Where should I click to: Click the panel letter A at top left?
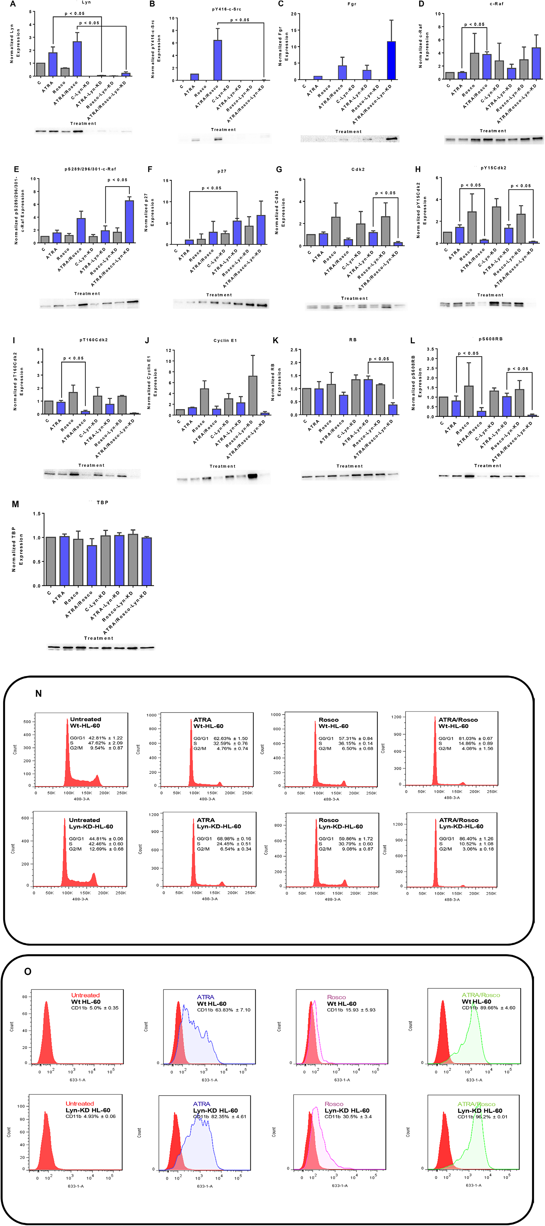13,4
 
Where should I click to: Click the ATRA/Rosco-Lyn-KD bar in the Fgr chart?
391,61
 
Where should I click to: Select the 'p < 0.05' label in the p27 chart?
212,188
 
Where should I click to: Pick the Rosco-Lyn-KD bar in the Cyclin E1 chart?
253,395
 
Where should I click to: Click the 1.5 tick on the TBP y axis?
37,514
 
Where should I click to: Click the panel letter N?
38,693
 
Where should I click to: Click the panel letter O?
28,971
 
